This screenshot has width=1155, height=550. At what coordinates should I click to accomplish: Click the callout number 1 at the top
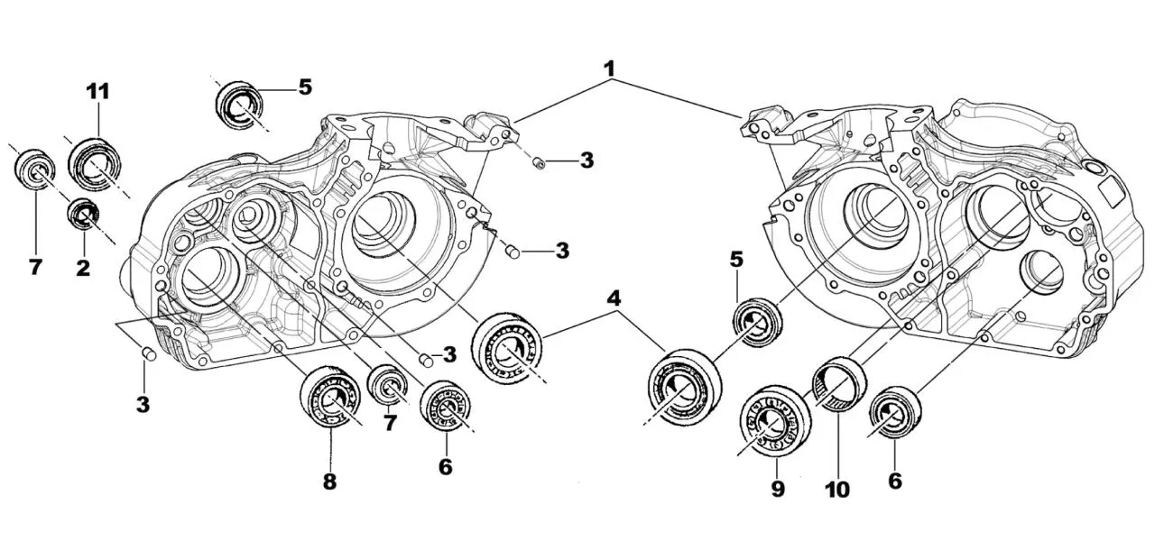(x=610, y=68)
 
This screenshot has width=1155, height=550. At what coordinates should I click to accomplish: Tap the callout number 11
(x=97, y=91)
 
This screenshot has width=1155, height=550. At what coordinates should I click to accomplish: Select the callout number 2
(x=83, y=268)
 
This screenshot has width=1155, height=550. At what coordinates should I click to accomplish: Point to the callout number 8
(x=329, y=482)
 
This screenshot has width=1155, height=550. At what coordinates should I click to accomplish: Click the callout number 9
(x=778, y=489)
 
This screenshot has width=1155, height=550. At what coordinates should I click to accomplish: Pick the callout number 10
(x=836, y=489)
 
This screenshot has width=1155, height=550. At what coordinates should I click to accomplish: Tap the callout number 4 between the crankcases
(x=614, y=297)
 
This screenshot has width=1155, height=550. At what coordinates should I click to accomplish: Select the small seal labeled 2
(x=86, y=215)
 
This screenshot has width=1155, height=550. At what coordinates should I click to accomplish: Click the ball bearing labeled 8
(x=329, y=397)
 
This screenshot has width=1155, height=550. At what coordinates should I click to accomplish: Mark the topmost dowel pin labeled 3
(x=538, y=162)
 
